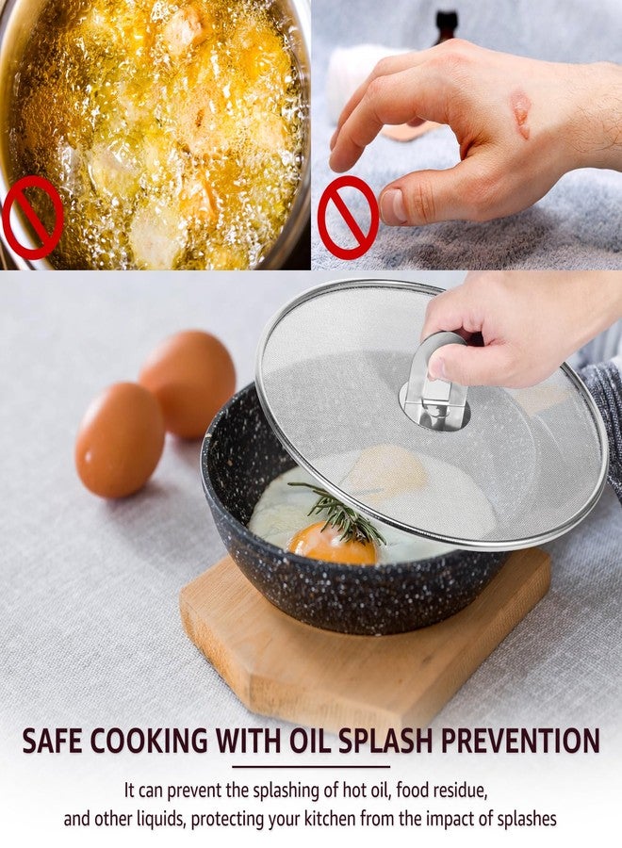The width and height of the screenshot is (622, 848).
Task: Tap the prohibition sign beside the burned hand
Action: pyautogui.click(x=347, y=217)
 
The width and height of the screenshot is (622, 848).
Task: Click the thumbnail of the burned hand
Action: pyautogui.click(x=466, y=135)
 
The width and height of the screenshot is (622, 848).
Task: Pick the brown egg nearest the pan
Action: pyautogui.click(x=120, y=439)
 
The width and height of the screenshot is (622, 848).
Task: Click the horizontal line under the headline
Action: pyautogui.click(x=310, y=766)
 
